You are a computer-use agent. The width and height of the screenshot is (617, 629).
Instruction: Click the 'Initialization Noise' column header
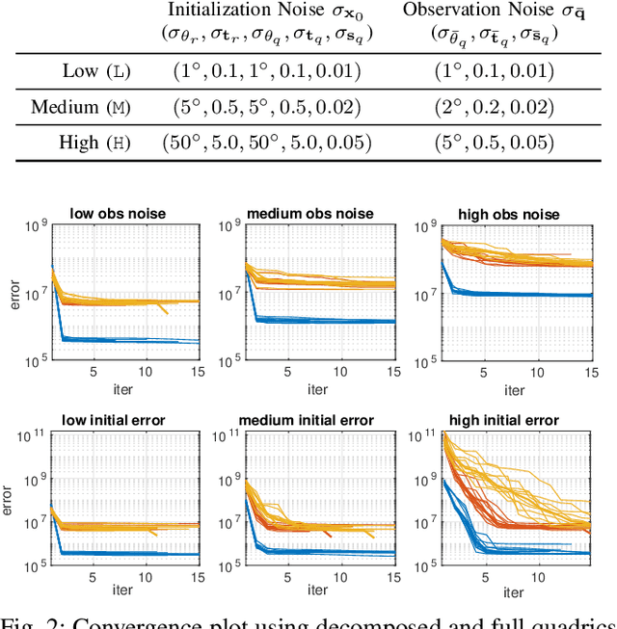271,11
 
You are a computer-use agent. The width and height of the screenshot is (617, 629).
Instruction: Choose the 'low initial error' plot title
127,420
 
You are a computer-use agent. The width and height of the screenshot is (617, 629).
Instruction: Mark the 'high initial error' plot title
514,420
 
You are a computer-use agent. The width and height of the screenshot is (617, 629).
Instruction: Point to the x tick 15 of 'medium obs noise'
392,372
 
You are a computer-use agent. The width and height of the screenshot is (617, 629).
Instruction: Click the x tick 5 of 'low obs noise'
94,372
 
